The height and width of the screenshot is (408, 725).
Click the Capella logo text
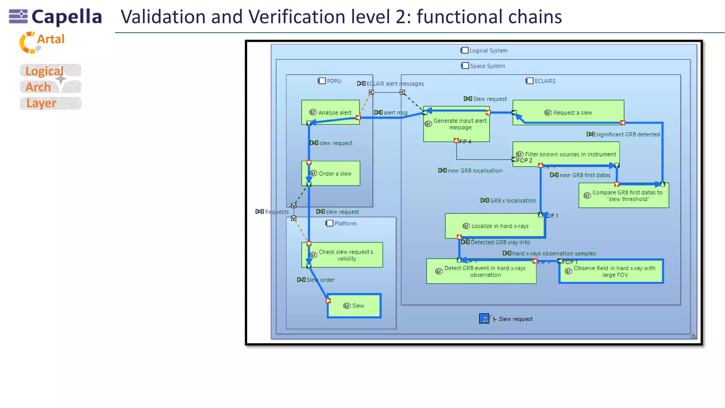[x=67, y=17]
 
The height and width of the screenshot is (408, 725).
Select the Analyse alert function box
[x=330, y=112]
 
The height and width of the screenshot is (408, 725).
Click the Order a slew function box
[x=331, y=174]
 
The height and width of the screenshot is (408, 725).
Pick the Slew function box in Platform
[x=354, y=306]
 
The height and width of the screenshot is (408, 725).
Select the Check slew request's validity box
[x=342, y=255]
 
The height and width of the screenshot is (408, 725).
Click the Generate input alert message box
[x=457, y=124]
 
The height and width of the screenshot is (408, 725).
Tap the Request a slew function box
[x=568, y=112]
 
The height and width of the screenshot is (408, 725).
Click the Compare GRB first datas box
[x=624, y=195]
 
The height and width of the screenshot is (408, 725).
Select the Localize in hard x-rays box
[x=495, y=226]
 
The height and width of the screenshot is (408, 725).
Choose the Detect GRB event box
[x=481, y=272]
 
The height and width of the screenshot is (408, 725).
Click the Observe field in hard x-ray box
[x=611, y=272]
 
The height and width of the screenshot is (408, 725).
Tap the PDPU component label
[x=333, y=81]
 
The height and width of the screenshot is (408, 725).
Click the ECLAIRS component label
[x=545, y=81]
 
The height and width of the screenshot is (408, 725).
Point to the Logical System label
[x=488, y=51]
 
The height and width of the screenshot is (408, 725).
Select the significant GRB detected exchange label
[x=627, y=135]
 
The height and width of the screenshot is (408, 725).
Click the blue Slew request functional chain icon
[x=484, y=318]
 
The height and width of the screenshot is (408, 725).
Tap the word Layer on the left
[x=41, y=103]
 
